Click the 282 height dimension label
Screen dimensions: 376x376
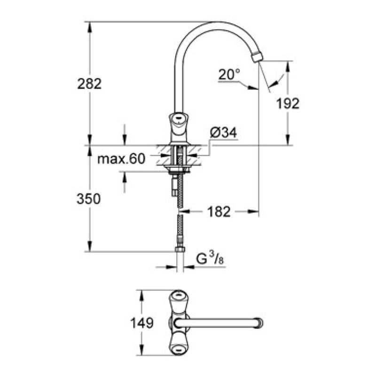click(x=89, y=84)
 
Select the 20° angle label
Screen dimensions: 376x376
click(x=229, y=74)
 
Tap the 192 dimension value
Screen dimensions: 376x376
click(x=288, y=103)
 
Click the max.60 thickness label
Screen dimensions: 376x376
click(x=121, y=159)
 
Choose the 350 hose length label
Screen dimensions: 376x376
click(x=89, y=199)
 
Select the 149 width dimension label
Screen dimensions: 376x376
click(x=141, y=323)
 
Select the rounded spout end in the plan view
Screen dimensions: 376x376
click(x=258, y=323)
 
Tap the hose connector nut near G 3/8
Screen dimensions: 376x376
click(x=180, y=249)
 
